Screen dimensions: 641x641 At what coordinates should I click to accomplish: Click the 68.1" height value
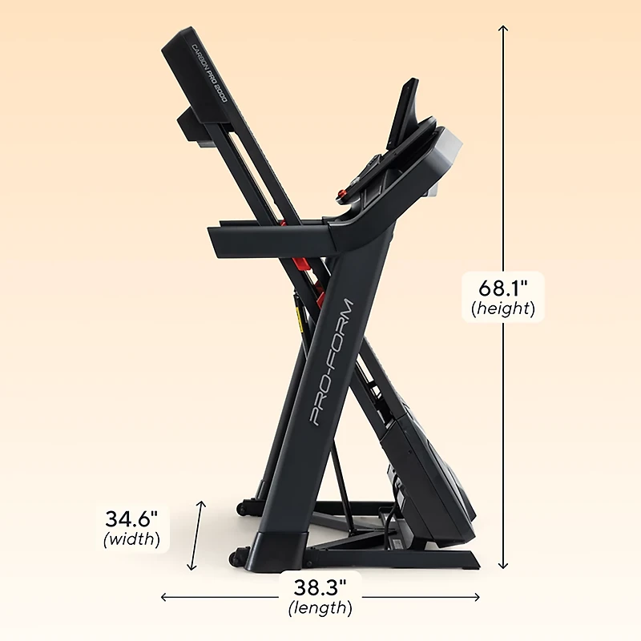tap(503, 286)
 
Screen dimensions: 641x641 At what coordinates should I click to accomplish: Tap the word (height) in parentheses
tap(503, 308)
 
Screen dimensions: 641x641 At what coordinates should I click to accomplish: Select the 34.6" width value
tap(131, 518)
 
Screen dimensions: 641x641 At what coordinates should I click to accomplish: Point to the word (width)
tap(131, 538)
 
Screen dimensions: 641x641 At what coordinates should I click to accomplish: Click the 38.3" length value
tap(320, 587)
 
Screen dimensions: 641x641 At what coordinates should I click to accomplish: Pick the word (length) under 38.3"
tap(320, 608)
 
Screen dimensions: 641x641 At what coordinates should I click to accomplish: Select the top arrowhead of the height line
tap(503, 29)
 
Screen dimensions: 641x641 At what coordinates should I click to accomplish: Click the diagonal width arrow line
tap(196, 535)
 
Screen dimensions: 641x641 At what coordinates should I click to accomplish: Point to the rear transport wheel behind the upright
tap(240, 506)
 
